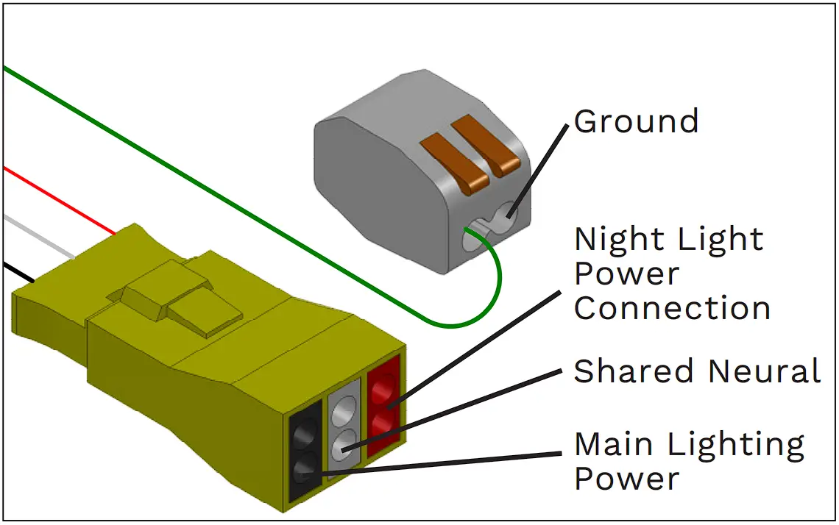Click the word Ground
(636, 121)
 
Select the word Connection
(672, 308)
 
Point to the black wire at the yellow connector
(18, 272)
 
